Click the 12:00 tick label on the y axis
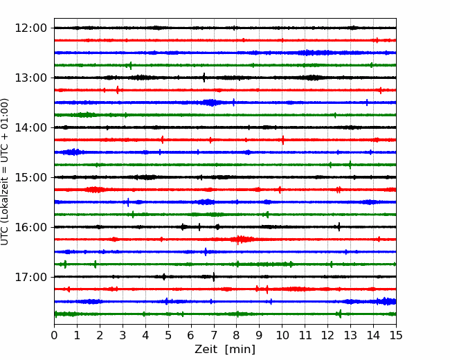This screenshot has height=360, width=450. [30, 28]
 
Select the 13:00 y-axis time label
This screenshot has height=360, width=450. [30, 78]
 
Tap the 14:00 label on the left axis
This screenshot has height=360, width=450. [30, 127]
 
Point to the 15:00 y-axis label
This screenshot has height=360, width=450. [30, 177]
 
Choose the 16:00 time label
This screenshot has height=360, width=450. [30, 227]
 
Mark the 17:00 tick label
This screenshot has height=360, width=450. [30, 277]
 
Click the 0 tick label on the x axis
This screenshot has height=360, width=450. [54, 335]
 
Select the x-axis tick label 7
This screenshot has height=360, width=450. [214, 335]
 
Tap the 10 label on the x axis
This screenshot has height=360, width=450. [282, 335]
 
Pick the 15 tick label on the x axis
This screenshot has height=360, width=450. [396, 335]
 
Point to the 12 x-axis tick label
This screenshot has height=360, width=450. [327, 335]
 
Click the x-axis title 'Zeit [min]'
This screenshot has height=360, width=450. [225, 350]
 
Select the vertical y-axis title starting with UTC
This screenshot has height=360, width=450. [5, 172]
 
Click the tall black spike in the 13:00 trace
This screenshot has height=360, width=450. [204, 78]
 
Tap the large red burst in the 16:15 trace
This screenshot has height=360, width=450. [242, 240]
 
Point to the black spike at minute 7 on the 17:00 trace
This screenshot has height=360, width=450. [214, 277]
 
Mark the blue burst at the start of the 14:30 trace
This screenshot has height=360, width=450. [72, 152]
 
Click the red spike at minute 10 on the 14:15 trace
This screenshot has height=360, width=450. [283, 140]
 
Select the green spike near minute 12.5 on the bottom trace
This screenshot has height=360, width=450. [341, 314]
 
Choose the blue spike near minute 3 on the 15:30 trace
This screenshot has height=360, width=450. [128, 202]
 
